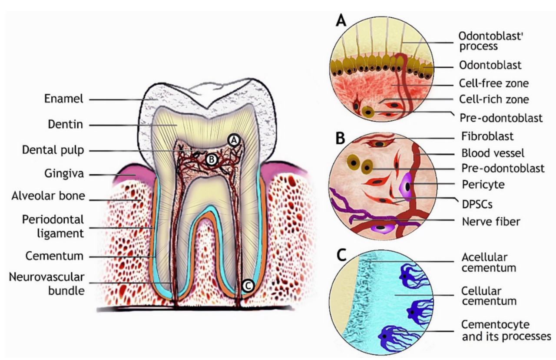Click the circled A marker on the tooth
pos(234,140)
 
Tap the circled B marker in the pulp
pos(212,159)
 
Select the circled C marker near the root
pos(248,286)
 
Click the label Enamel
pos(64,99)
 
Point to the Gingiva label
pos(64,173)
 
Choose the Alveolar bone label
pos(48,196)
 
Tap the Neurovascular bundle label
pos(46,284)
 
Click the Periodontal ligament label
pos(53,226)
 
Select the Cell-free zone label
pos(494,83)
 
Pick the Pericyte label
pos(483,185)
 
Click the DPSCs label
pos(477,205)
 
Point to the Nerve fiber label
pos(491,221)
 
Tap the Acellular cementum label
pos(489,262)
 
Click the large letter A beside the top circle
pos(341,20)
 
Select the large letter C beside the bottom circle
pos(341,255)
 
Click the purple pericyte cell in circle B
pos(406,186)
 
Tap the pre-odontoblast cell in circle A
pos(368,112)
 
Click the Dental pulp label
pos(53,150)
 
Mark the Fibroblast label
pos(487,136)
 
